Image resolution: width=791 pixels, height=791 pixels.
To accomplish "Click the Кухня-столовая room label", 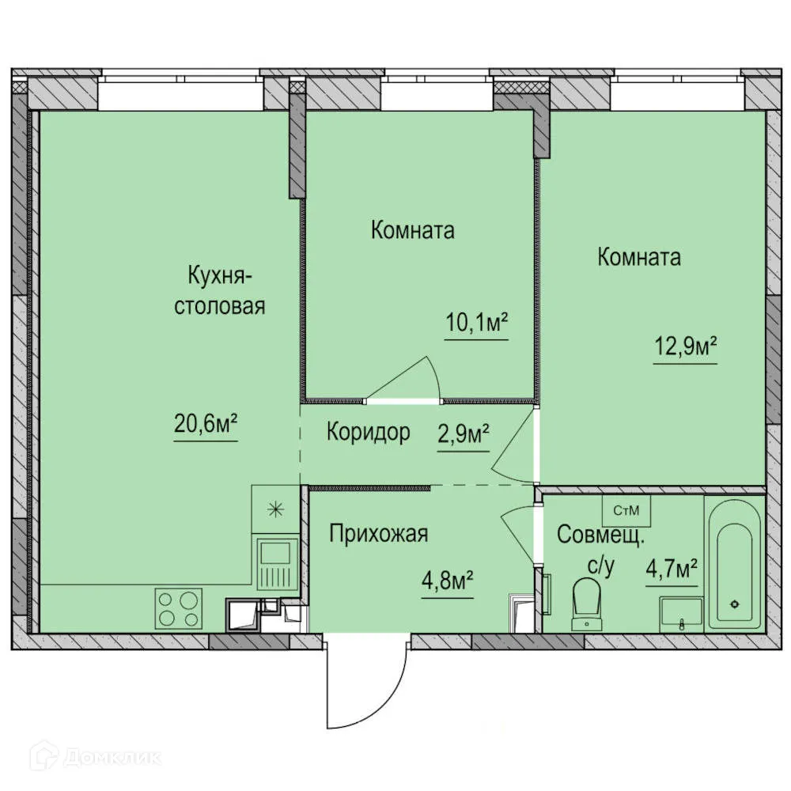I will coord(219,291).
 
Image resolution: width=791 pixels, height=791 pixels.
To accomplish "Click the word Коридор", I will coord(369,433).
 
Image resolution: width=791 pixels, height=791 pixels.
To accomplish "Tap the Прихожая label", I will coord(379,534).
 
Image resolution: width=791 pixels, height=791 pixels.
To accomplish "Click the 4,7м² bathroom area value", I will coord(672,569).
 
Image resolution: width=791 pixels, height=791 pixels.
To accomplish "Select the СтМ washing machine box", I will coord(626,511).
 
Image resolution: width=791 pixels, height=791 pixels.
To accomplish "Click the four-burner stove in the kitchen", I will coord(178,609).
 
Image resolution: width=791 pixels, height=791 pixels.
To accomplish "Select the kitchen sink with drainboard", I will coord(276,562).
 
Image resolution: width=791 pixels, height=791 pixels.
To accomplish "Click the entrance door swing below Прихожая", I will coord(366,680).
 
